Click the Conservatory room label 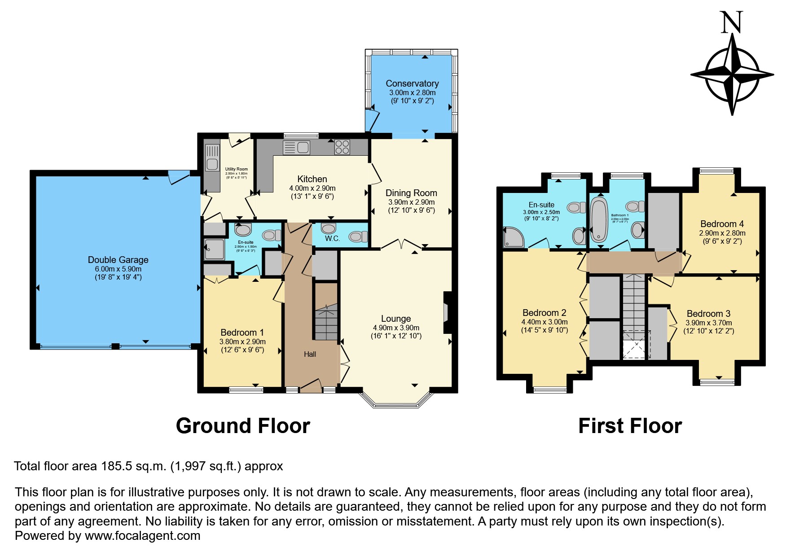click(x=412, y=83)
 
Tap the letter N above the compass click(x=731, y=23)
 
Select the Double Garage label click(x=118, y=260)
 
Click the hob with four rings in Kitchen click(x=342, y=147)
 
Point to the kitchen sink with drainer click(x=297, y=147)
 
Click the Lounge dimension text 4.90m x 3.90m click(x=396, y=328)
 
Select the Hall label click(x=310, y=354)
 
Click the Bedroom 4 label click(x=722, y=224)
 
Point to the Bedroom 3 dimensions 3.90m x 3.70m click(x=709, y=323)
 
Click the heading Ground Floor click(x=243, y=426)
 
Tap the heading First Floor click(x=630, y=426)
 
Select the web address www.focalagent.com click(x=142, y=536)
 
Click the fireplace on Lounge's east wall click(x=447, y=313)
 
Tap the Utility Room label click(x=236, y=169)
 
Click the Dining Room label click(x=411, y=193)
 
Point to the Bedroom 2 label click(x=544, y=313)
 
